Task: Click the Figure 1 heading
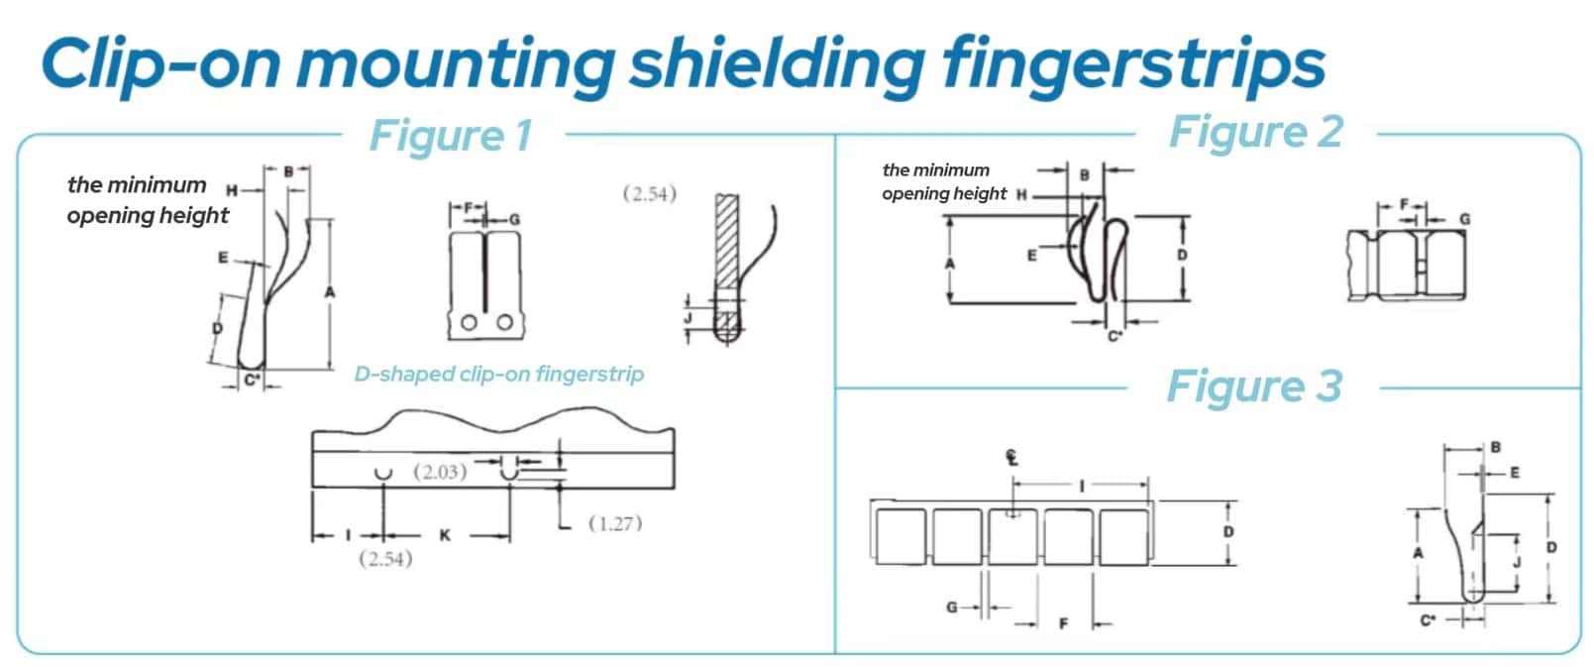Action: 451,136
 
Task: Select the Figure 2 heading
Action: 1255,131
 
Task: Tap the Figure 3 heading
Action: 1253,386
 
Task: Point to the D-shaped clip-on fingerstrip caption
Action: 499,374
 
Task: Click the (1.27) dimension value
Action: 615,523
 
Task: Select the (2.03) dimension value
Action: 439,472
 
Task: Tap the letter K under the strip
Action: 445,535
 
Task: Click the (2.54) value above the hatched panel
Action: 649,193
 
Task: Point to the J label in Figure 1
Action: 687,317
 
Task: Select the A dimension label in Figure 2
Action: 949,264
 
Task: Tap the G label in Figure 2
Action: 1464,219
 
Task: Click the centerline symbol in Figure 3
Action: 1011,458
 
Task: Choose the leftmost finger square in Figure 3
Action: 900,536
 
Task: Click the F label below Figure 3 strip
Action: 1063,624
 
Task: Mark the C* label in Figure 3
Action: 1428,620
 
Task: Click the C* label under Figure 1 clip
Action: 252,380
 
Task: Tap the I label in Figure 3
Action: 1081,486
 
